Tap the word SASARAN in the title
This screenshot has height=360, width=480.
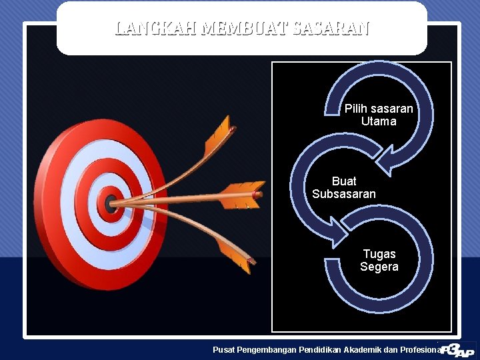pos(331,29)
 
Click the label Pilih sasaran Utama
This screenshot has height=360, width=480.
pos(379,115)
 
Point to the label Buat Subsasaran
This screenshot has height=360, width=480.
pos(344,187)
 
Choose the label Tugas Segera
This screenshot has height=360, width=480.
pos(379,261)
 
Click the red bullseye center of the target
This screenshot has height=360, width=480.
pos(109,203)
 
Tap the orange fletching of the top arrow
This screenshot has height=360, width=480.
pos(217,137)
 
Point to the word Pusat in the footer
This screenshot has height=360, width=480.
pos(224,349)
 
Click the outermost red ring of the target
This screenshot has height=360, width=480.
pos(50,200)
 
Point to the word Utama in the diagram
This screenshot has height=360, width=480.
pos(379,121)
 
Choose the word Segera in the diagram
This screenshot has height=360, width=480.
pos(379,267)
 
